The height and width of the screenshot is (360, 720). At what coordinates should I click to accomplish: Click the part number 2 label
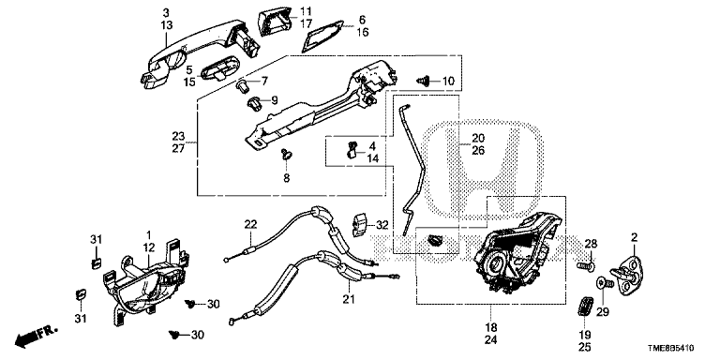[634, 237]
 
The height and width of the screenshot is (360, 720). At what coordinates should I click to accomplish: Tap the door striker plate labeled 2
[628, 275]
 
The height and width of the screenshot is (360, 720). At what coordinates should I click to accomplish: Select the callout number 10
[448, 82]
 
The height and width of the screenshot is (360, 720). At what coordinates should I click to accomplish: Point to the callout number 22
[250, 225]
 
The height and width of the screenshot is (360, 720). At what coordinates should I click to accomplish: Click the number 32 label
[382, 225]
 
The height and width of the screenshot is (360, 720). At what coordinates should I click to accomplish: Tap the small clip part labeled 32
[360, 224]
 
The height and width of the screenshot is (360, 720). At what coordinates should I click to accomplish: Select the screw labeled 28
[586, 265]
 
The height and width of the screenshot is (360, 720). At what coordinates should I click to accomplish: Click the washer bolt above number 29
[605, 283]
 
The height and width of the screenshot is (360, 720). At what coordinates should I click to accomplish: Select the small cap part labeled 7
[243, 85]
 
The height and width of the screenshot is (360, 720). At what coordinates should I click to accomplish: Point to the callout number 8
[287, 178]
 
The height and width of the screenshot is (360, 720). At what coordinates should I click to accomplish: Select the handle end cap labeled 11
[276, 21]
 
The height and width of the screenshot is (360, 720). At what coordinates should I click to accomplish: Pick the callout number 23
[178, 136]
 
